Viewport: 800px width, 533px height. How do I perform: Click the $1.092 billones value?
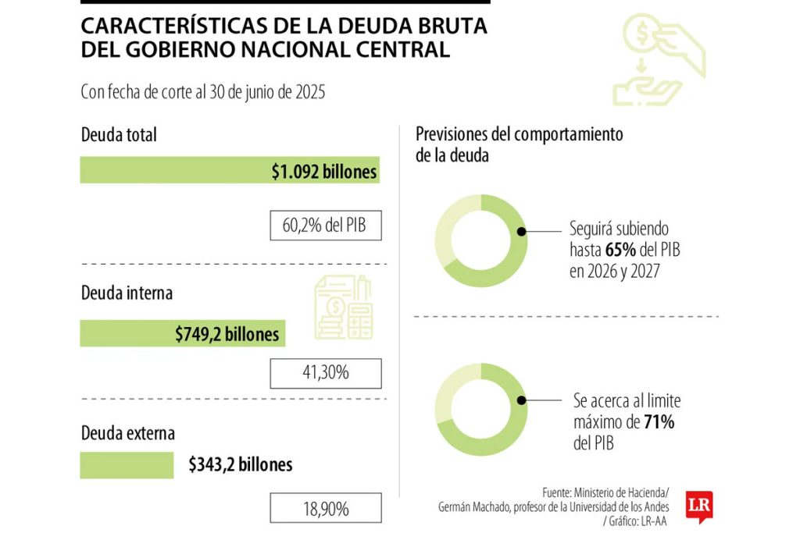tap(324, 172)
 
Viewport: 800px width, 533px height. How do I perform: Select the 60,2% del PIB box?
tap(325, 226)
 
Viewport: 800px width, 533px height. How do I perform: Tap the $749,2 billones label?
tap(227, 334)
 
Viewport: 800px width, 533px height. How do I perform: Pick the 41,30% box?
tap(325, 373)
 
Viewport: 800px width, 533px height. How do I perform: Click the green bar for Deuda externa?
tap(127, 465)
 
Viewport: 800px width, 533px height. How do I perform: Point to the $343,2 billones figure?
tap(240, 465)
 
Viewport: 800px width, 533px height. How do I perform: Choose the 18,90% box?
tap(325, 509)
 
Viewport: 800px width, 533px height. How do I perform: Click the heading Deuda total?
tap(119, 135)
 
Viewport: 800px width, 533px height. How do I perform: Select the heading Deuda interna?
tap(127, 293)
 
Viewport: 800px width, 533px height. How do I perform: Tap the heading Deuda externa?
tap(127, 432)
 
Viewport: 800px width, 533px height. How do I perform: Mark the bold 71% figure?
tap(659, 422)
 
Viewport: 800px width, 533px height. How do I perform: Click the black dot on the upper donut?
tap(522, 232)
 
